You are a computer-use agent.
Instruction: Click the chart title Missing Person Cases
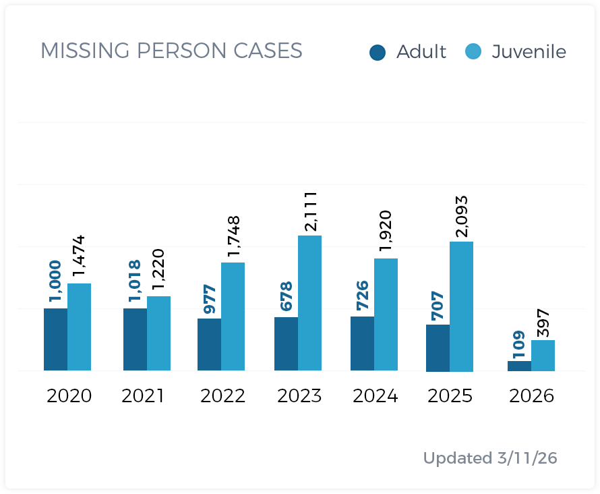[x=171, y=51]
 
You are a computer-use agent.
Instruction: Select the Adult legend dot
[x=378, y=52]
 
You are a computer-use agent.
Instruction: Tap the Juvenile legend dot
[x=473, y=52]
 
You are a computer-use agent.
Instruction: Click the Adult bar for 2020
[x=55, y=339]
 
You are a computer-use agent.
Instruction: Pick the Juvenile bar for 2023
[x=309, y=303]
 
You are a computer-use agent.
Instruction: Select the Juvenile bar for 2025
[x=461, y=306]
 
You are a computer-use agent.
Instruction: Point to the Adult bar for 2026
[x=519, y=366]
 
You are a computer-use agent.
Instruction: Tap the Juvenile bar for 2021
[x=158, y=333]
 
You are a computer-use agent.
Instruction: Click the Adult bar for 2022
[x=209, y=344]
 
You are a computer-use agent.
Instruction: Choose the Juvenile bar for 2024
[x=386, y=314]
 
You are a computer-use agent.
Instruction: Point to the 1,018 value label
[x=135, y=281]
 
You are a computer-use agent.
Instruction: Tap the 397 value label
[x=543, y=323]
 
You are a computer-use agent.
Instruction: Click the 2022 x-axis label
[x=222, y=395]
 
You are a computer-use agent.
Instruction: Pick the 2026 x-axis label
[x=531, y=395]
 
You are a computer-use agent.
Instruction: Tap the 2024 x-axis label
[x=374, y=395]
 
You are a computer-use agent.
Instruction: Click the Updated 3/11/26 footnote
[x=490, y=458]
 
